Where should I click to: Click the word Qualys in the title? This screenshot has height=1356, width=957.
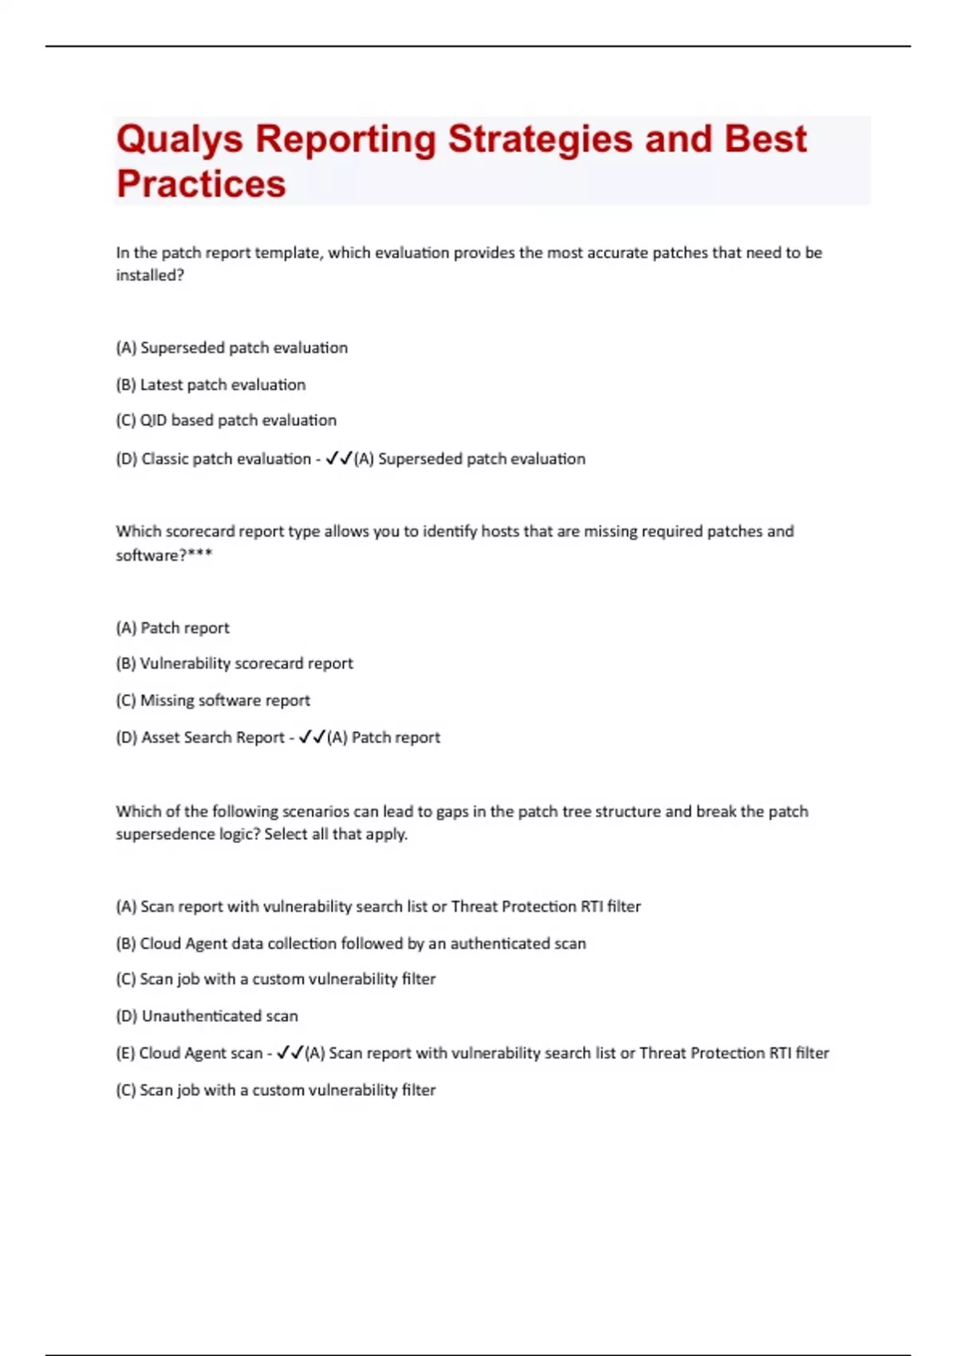click(179, 140)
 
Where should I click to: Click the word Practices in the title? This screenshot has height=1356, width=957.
click(201, 183)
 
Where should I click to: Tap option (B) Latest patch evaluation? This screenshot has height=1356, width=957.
click(211, 384)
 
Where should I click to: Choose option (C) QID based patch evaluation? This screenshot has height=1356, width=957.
click(226, 420)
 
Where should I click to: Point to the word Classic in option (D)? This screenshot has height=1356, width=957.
click(165, 459)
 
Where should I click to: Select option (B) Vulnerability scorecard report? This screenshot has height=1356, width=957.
click(234, 664)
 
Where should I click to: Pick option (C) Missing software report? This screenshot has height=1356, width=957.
click(213, 700)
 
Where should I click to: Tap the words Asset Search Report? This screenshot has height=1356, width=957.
click(213, 738)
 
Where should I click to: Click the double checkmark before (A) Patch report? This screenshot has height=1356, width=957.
click(311, 738)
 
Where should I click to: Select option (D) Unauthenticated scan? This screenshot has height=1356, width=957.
click(207, 1016)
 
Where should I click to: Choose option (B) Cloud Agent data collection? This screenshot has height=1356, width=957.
click(351, 944)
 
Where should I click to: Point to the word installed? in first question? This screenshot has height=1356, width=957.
click(150, 275)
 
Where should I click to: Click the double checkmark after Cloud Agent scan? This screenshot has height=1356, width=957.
click(289, 1053)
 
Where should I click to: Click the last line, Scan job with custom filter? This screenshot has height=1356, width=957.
click(276, 1090)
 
